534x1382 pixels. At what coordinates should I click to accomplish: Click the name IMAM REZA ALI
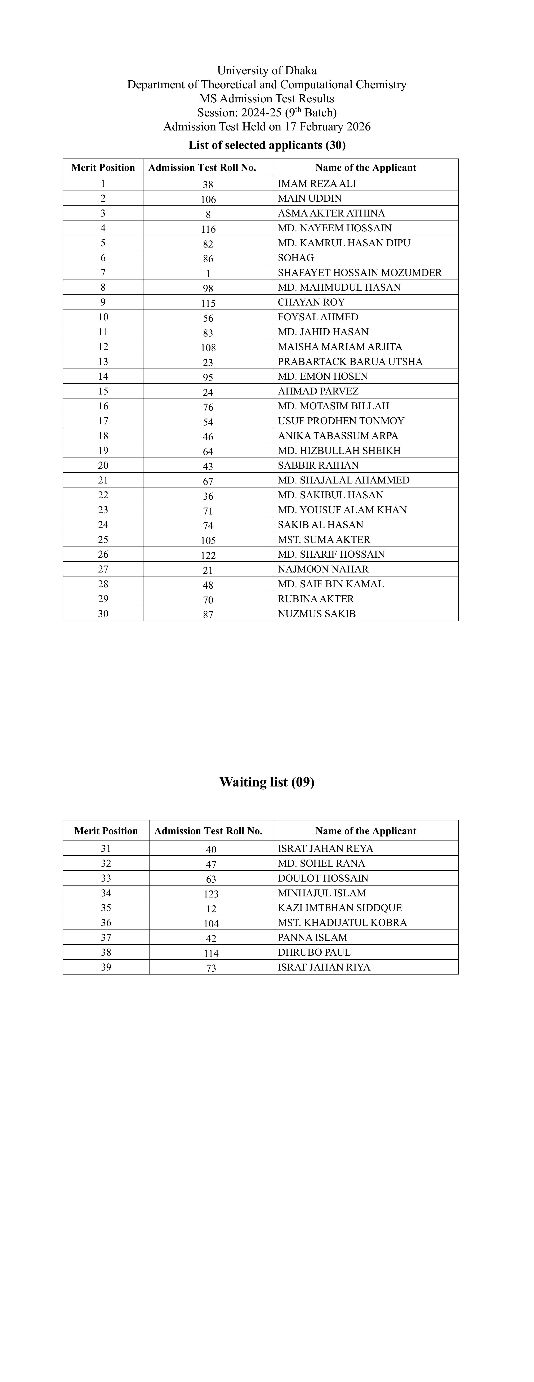(317, 183)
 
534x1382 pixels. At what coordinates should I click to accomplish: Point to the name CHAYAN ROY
(311, 302)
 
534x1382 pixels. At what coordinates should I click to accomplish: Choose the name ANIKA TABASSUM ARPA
(338, 436)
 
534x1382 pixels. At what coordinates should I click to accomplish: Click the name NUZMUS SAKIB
(317, 614)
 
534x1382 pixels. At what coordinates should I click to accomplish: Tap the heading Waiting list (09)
(267, 782)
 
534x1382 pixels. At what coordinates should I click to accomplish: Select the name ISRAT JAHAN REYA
(325, 848)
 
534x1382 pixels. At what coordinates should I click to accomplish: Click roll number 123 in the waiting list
(211, 894)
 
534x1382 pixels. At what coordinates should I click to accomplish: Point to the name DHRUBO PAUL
(314, 952)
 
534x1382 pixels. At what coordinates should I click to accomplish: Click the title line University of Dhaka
(267, 70)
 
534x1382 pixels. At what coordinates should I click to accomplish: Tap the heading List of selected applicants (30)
(267, 145)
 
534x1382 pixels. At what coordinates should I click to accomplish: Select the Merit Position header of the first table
(103, 167)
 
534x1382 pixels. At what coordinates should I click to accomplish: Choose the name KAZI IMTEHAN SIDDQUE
(340, 908)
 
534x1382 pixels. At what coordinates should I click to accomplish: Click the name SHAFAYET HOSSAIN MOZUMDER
(360, 273)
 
